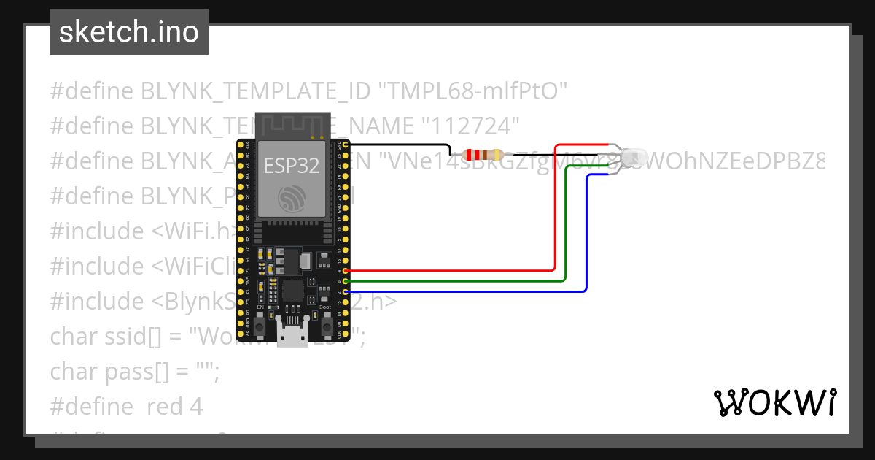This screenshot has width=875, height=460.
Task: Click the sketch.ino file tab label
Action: (x=129, y=32)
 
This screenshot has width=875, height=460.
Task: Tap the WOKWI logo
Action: (x=774, y=402)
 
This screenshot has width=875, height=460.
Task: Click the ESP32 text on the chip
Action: (x=292, y=165)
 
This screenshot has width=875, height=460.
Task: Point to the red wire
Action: (x=556, y=219)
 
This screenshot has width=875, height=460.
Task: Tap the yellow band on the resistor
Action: (x=497, y=155)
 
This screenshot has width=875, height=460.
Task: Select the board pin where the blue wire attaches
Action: (x=345, y=291)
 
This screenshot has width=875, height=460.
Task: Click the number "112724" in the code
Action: (x=470, y=126)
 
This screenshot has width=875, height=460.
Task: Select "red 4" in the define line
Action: (x=174, y=406)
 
